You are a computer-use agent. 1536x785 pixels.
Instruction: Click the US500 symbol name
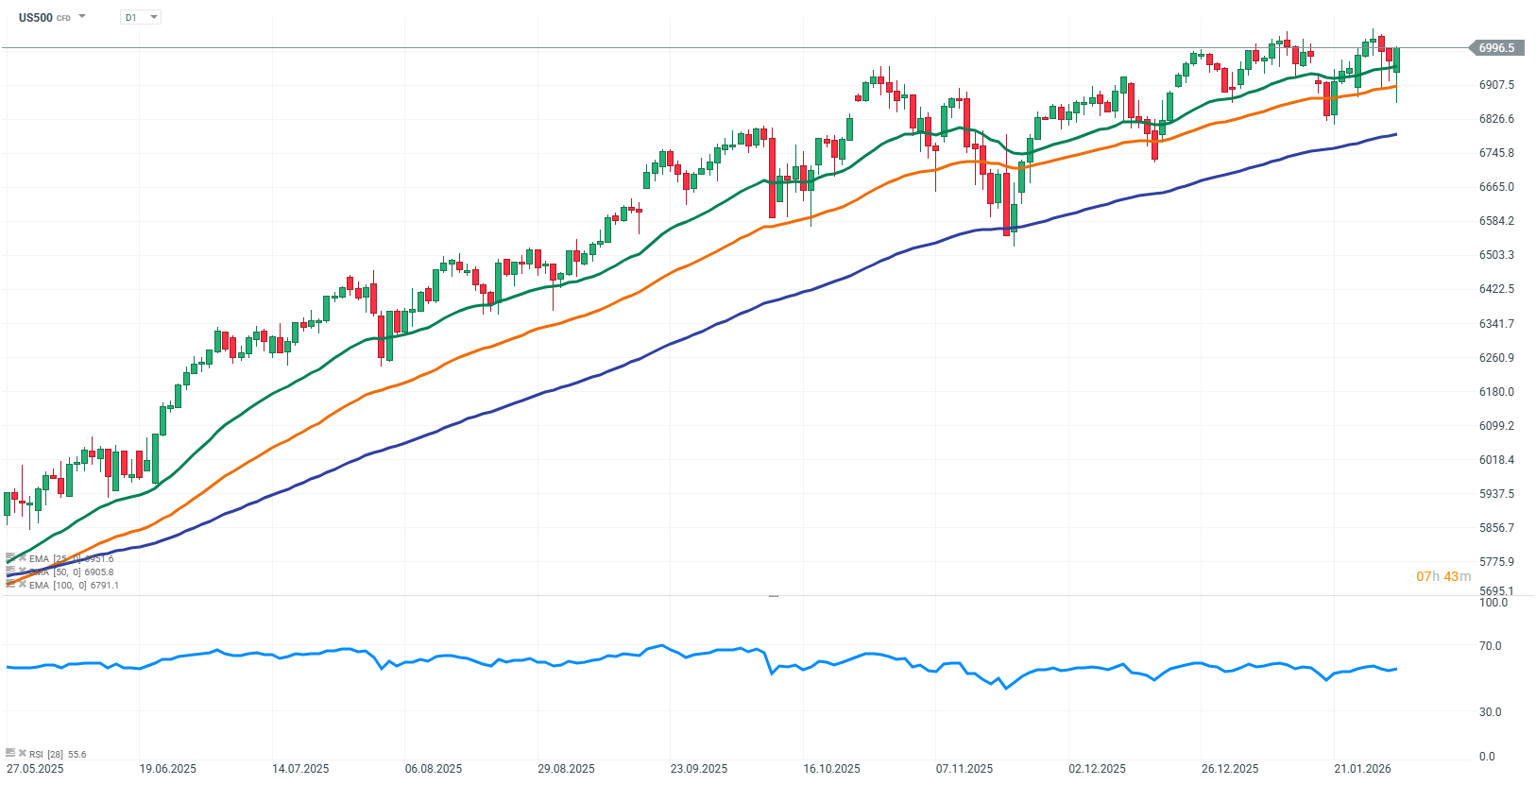[36, 17]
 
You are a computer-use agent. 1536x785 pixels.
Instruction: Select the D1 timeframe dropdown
[141, 17]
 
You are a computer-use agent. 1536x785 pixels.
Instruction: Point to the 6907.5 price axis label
[1496, 85]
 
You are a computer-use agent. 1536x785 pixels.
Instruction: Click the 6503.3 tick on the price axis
[1496, 255]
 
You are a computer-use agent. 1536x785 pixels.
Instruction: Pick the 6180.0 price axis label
[1496, 392]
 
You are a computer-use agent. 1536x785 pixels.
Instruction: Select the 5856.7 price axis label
[1496, 528]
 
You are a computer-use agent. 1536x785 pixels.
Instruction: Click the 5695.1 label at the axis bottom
[1496, 591]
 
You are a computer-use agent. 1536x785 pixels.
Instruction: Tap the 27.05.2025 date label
[35, 769]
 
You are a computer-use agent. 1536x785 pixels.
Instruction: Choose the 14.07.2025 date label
[300, 769]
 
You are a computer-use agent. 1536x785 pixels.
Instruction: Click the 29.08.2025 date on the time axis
[566, 769]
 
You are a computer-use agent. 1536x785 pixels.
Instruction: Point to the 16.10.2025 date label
[831, 769]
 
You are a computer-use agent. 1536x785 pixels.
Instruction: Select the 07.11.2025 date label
[964, 769]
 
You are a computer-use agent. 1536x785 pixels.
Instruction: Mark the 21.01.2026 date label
[1362, 769]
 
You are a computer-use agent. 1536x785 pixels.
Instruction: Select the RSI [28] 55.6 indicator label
[57, 754]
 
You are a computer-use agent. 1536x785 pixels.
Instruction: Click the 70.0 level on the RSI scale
[1490, 646]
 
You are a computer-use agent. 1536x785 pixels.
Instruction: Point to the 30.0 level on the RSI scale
[1490, 712]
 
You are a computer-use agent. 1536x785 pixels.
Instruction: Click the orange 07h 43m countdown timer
[1443, 576]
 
